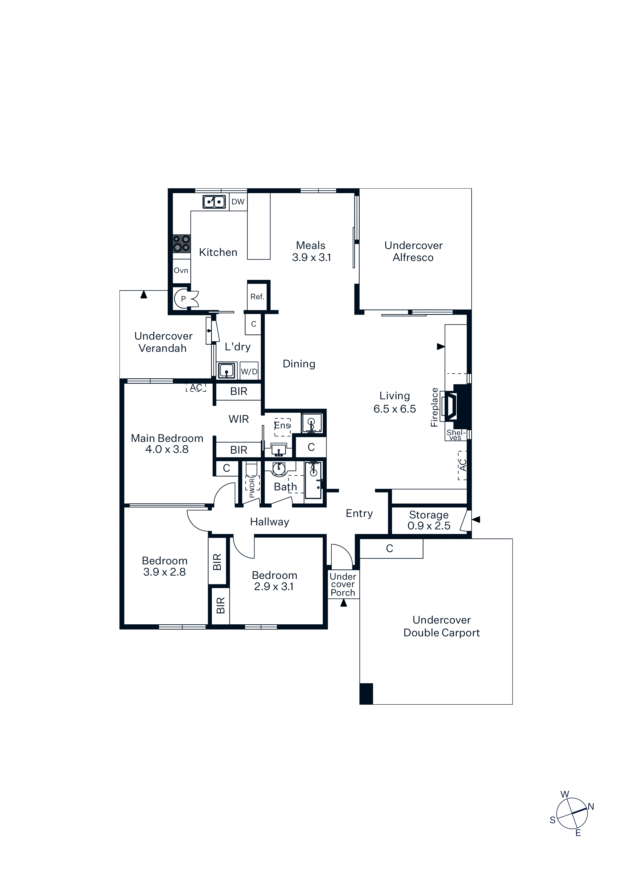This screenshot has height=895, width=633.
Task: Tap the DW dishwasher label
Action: (238, 202)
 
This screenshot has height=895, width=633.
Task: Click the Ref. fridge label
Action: (258, 297)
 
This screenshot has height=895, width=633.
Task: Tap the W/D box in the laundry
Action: (249, 371)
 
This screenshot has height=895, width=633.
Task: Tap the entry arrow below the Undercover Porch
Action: (344, 603)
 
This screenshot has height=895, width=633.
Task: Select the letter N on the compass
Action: (591, 806)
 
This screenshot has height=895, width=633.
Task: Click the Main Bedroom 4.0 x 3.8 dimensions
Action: (167, 450)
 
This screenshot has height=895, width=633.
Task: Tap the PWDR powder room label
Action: (252, 488)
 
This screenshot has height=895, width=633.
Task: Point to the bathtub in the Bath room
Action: (313, 480)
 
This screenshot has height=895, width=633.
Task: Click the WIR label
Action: (239, 419)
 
